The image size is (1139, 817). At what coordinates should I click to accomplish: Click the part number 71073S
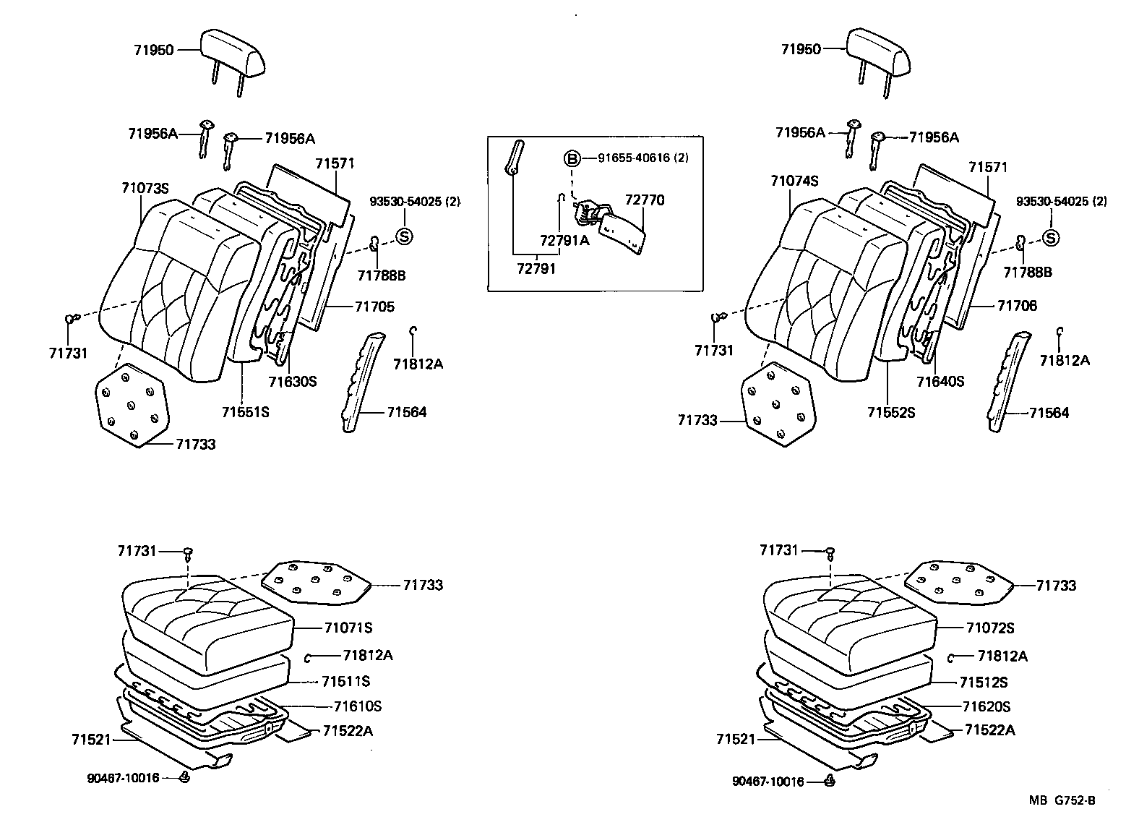click(x=145, y=189)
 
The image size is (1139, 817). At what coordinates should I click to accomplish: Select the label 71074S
click(x=794, y=181)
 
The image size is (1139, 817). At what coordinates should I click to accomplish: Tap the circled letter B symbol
click(x=572, y=158)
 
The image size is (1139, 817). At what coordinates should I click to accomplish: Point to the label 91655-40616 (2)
click(x=642, y=158)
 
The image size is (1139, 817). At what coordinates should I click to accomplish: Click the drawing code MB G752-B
click(x=1062, y=800)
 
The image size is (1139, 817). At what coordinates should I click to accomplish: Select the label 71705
click(x=374, y=307)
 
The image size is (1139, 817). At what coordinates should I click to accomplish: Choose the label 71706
click(x=1017, y=306)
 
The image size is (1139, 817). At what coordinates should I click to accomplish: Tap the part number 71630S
click(x=293, y=381)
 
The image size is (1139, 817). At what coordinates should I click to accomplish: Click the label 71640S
click(x=940, y=381)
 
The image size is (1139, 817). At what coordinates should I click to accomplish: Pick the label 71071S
click(x=348, y=628)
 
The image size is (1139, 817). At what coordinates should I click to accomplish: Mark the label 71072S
click(x=990, y=628)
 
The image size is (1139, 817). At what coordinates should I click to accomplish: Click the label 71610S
click(x=358, y=706)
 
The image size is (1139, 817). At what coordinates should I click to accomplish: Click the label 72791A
click(x=564, y=241)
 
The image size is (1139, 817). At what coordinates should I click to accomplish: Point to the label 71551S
click(x=245, y=412)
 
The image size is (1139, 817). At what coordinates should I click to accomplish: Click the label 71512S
click(x=983, y=683)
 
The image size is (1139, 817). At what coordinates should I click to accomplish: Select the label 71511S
click(x=345, y=681)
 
